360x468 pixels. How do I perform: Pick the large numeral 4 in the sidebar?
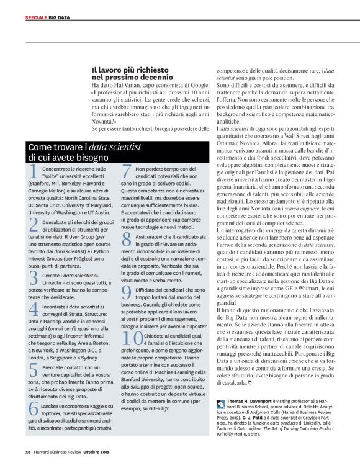point(34,308)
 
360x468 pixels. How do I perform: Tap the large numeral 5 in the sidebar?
point(34,371)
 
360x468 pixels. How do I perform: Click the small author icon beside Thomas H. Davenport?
point(221,403)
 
